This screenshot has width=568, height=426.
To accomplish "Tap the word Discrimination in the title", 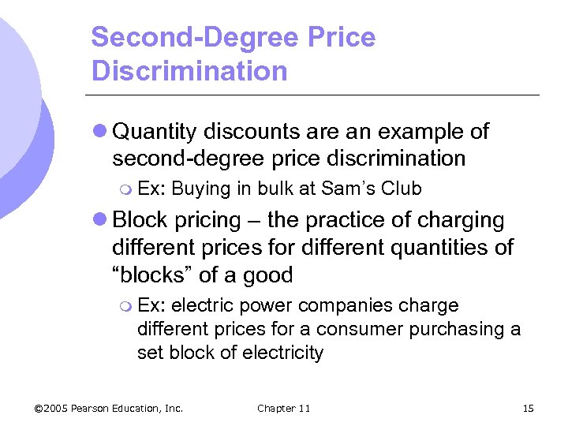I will pyautogui.click(x=189, y=71).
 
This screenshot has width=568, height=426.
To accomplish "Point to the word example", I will pyautogui.click(x=424, y=132).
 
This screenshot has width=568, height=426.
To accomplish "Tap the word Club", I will pyautogui.click(x=402, y=189).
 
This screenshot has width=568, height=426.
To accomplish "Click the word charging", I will pyautogui.click(x=462, y=220).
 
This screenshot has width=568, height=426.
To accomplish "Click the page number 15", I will pyautogui.click(x=528, y=408).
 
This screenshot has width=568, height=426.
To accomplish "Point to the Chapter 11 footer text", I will pyautogui.click(x=283, y=408).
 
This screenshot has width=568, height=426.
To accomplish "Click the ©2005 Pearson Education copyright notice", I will pyautogui.click(x=109, y=408).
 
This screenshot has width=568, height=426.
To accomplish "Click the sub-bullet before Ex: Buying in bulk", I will pyautogui.click(x=125, y=189).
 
